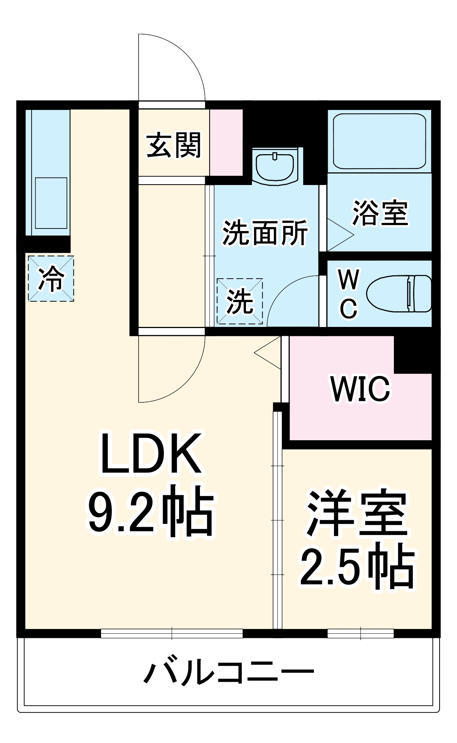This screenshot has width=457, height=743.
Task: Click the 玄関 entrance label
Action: tap(174, 145)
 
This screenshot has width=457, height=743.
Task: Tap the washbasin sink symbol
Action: tap(275, 166)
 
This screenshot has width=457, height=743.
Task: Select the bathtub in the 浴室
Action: tap(379, 141)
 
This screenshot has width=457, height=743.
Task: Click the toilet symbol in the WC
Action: tap(399, 293)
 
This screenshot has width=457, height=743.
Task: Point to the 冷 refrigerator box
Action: tap(51, 278)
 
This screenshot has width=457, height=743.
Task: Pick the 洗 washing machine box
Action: tap(240, 301)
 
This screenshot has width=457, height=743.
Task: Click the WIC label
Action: tap(360, 389)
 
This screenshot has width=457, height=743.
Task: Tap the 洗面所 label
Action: tap(265, 233)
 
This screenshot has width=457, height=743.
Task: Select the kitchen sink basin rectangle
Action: tap(51, 203)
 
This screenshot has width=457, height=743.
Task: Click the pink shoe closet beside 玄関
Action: tap(226, 142)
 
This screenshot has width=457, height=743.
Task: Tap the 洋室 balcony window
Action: tap(360, 633)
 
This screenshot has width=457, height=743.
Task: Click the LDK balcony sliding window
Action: tap(172, 633)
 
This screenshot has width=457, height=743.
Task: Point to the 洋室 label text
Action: tap(357, 515)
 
